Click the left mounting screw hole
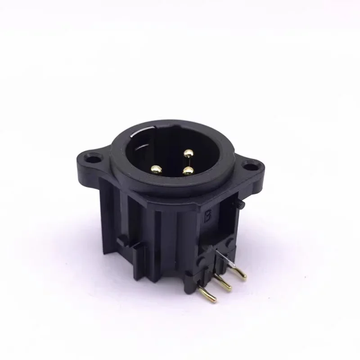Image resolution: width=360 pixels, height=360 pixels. coord(93,158)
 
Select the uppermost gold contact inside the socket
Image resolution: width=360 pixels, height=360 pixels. coord(189,153)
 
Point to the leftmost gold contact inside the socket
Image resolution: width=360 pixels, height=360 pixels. coord(157,170)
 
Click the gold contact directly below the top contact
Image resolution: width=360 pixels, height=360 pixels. coord(189,171)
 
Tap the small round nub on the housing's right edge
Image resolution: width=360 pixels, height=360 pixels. coord(242,205)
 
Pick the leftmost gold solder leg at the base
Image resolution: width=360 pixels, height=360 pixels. coord(208,294)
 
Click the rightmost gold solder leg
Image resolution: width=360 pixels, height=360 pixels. coord(238,274)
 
